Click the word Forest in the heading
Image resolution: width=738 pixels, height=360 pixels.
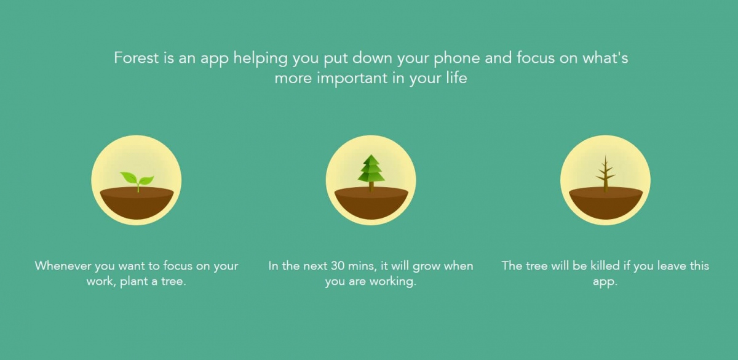(x=137, y=58)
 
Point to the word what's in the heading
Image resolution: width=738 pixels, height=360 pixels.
(x=605, y=58)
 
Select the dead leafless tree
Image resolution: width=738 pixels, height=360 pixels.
(x=605, y=174)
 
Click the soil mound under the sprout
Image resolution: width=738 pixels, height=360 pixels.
(x=137, y=202)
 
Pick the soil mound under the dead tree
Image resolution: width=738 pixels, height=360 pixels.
(x=606, y=202)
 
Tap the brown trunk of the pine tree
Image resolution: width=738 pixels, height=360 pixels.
(x=371, y=186)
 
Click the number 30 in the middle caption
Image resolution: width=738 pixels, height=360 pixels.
(x=337, y=266)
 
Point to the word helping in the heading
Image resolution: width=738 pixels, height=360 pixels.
(x=261, y=59)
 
